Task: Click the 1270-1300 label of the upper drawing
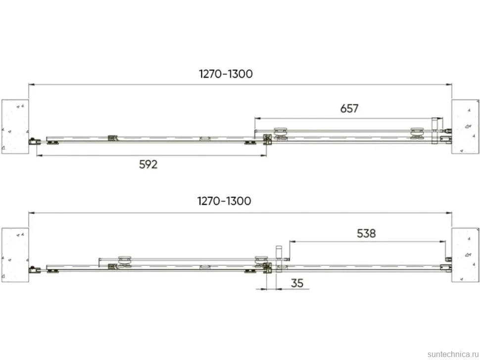pyautogui.click(x=226, y=74)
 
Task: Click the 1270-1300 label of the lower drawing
pyautogui.click(x=224, y=201)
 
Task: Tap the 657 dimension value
pyautogui.click(x=349, y=109)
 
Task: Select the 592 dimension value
pyautogui.click(x=148, y=165)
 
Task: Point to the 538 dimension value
pyautogui.click(x=366, y=234)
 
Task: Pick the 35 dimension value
pyautogui.click(x=297, y=283)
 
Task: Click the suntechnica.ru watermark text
pyautogui.click(x=453, y=354)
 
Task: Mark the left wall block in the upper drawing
pyautogui.click(x=15, y=127)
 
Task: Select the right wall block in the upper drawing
pyautogui.click(x=465, y=127)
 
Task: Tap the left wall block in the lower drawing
pyautogui.click(x=15, y=255)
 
